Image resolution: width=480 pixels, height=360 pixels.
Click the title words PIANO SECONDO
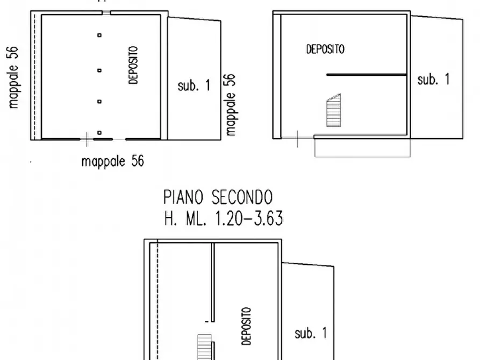click(218, 197)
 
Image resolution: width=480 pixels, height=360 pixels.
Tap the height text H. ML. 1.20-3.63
click(223, 219)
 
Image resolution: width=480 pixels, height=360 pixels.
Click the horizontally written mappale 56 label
click(112, 161)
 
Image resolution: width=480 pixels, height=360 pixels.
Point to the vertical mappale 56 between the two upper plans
click(231, 104)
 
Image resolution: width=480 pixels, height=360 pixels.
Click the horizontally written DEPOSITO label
click(325, 49)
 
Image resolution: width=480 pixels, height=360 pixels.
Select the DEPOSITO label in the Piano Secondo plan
click(246, 326)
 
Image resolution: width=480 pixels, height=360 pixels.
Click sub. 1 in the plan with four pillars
click(194, 85)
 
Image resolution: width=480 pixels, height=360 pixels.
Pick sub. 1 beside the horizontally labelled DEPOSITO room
click(433, 80)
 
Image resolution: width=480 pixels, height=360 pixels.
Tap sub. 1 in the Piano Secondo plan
click(310, 333)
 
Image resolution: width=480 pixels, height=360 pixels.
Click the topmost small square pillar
click(99, 35)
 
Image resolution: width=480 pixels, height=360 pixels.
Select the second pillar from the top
click(99, 70)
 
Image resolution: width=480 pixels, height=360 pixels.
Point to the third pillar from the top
click(99, 101)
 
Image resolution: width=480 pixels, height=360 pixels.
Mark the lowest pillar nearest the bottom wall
click(99, 132)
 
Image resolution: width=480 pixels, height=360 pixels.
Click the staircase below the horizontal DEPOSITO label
click(333, 111)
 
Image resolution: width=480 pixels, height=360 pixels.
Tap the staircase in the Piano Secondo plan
click(203, 347)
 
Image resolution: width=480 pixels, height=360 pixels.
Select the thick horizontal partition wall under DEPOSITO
click(366, 75)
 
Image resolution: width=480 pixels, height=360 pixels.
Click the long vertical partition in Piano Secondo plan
click(213, 282)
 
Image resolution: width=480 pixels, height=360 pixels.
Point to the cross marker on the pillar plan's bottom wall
click(87, 139)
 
